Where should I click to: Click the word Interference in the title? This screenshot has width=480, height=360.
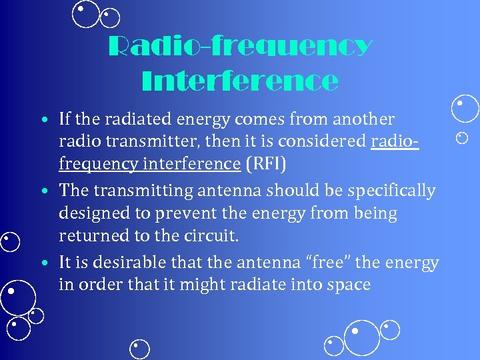(240, 81)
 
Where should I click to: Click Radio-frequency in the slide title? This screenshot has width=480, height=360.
(240, 47)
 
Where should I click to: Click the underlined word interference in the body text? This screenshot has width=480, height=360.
(193, 163)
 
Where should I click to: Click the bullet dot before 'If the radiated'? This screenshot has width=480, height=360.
(43, 121)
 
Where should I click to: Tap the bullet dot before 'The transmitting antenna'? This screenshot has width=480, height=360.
(43, 192)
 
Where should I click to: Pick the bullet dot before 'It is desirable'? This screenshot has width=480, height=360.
(43, 263)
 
